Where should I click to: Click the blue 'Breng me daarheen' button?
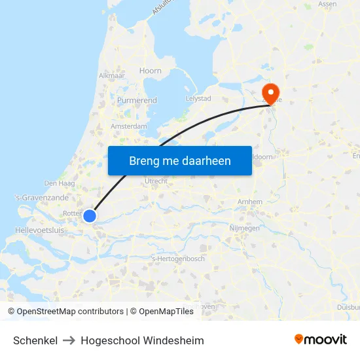point(179,160)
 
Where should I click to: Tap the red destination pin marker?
point(270,92)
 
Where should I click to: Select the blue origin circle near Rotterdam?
point(90,215)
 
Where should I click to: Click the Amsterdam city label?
point(129,126)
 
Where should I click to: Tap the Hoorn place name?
point(150,71)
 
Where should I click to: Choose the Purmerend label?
point(136,100)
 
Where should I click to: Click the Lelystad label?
point(198,98)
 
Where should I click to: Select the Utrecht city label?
point(156,181)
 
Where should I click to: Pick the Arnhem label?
point(251,202)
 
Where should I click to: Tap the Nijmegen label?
point(245,228)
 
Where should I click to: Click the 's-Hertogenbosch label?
point(178,259)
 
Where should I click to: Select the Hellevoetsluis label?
point(39,230)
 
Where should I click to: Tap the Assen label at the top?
point(327,4)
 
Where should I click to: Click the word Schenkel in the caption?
point(35,340)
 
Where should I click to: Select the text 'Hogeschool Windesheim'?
point(142,340)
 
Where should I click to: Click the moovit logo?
point(321,339)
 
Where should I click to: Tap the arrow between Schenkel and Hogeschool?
point(69,340)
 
